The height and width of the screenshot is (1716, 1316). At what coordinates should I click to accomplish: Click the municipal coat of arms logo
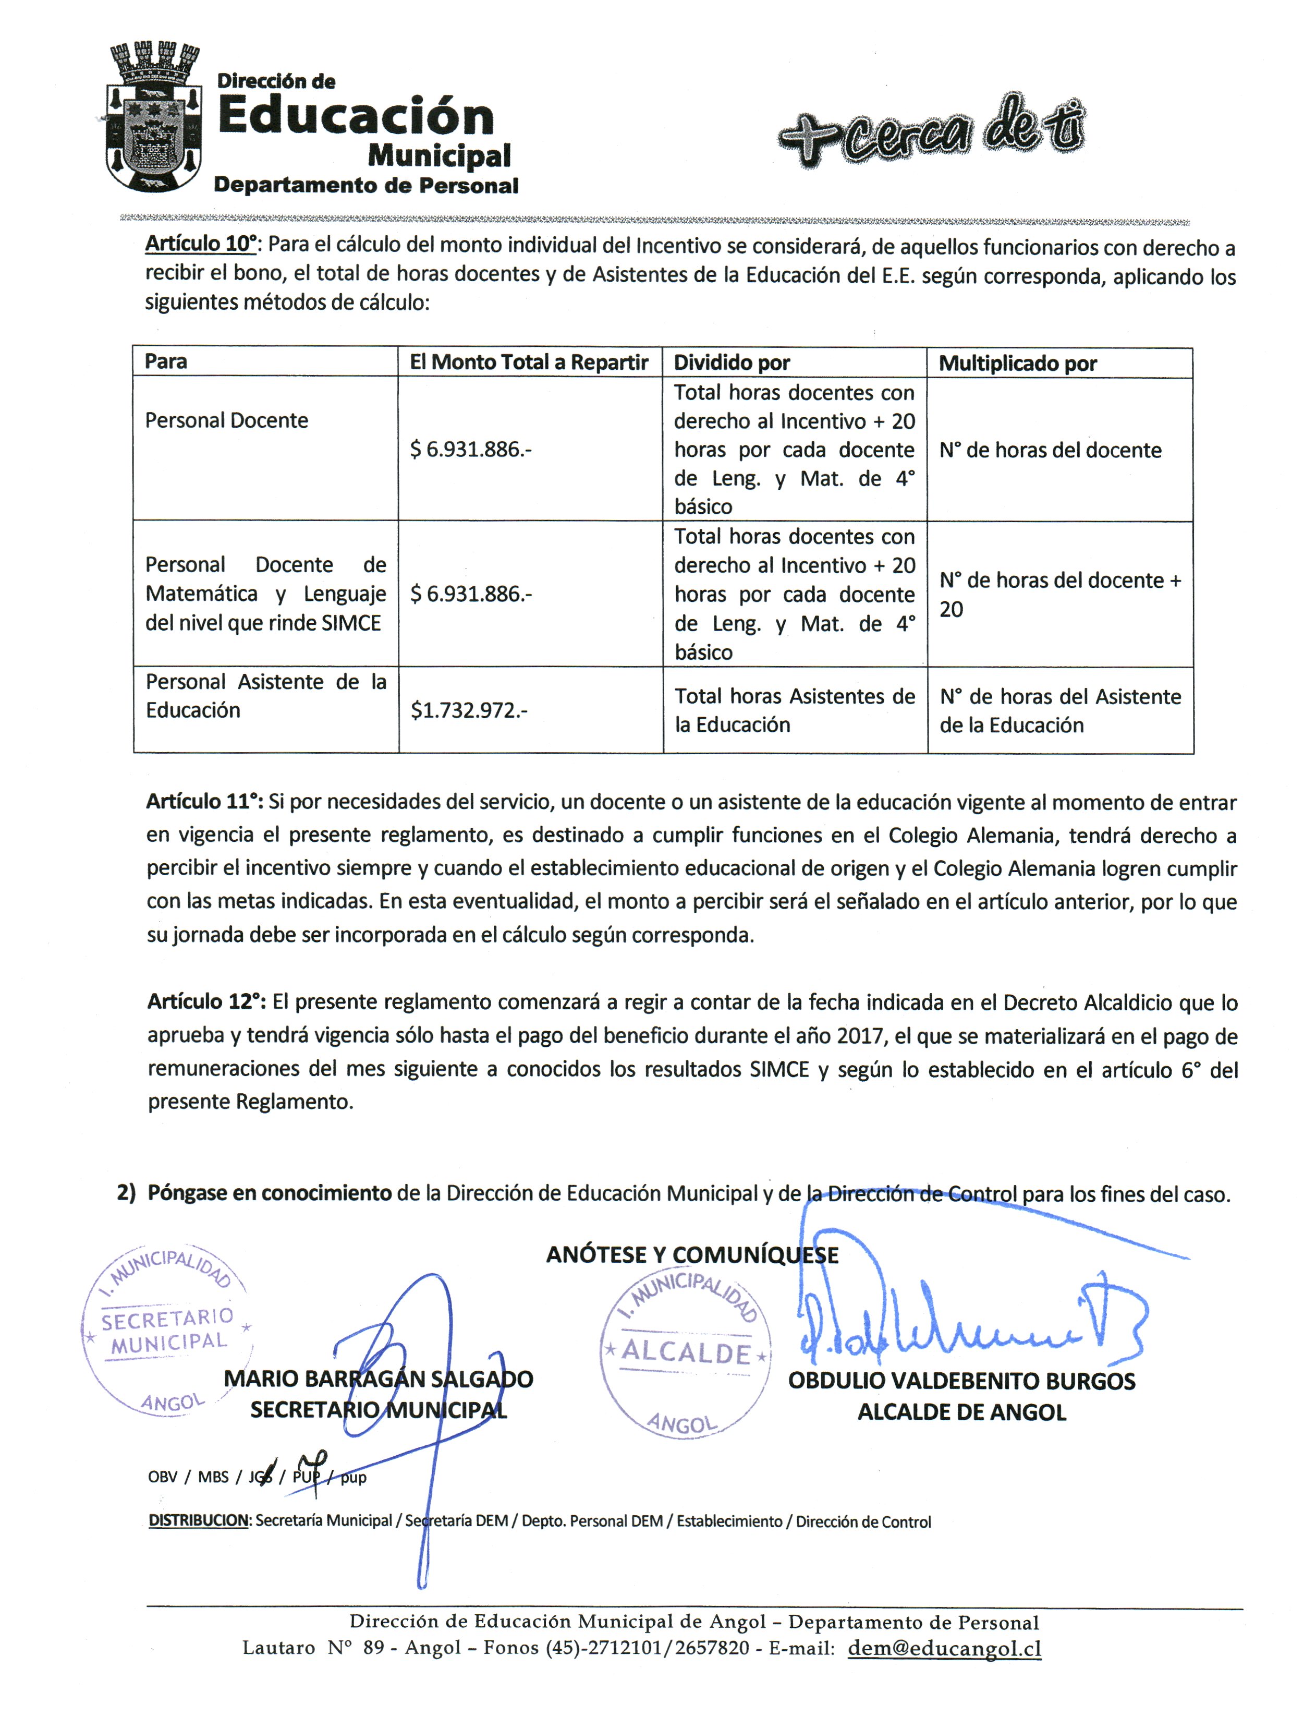point(153,117)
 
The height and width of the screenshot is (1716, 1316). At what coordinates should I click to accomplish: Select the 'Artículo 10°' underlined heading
point(201,245)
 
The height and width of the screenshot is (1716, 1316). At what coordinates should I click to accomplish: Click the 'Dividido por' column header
point(732,363)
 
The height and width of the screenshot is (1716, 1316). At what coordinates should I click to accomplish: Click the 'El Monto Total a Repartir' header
point(529,362)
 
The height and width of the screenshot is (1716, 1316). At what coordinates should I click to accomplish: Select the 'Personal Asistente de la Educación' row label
point(265,696)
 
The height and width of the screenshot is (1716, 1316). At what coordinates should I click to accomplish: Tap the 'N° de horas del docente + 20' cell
point(1059,595)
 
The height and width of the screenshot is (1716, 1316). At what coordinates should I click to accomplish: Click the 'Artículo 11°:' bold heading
point(205,802)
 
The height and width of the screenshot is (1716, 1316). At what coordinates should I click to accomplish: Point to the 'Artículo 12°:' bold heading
point(207,1001)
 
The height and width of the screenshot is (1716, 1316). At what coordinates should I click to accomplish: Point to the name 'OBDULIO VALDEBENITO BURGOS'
point(961,1382)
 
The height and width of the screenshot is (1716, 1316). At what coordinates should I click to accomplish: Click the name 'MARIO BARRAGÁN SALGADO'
point(379,1379)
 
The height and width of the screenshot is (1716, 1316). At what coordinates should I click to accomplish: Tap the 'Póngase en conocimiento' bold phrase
point(270,1193)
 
